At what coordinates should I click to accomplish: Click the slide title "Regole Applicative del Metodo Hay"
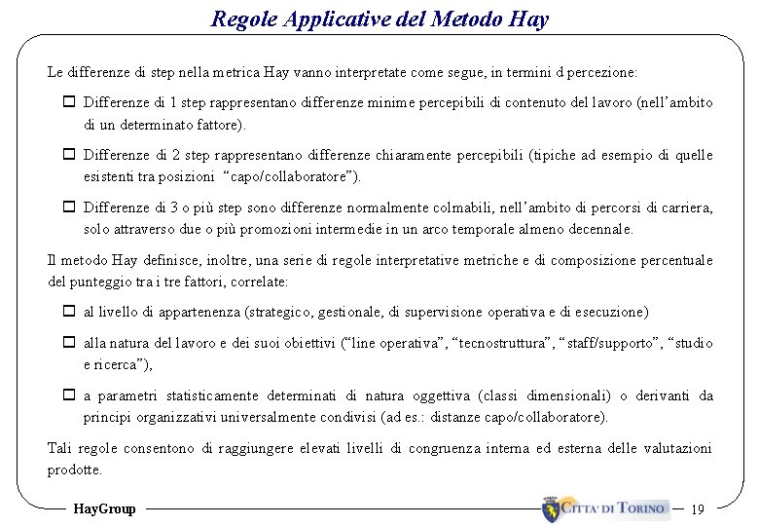click(x=379, y=19)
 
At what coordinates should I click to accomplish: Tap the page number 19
click(x=697, y=508)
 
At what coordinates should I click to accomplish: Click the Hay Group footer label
click(x=105, y=508)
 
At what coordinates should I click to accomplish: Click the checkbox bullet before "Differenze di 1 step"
click(x=70, y=102)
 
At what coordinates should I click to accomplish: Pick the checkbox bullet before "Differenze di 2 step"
click(x=70, y=155)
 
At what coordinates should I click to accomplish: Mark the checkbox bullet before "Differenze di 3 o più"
click(x=70, y=207)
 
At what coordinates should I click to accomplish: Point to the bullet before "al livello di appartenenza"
click(x=70, y=312)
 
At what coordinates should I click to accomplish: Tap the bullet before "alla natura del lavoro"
click(x=70, y=343)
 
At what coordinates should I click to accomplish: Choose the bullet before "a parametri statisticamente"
click(x=70, y=395)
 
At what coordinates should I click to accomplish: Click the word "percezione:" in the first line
click(x=603, y=72)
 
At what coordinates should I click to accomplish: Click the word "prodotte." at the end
click(x=75, y=470)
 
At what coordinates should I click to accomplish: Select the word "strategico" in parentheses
click(x=283, y=312)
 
